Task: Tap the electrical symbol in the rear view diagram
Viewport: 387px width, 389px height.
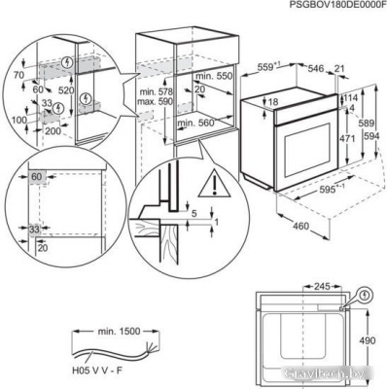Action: tap(365, 293)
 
